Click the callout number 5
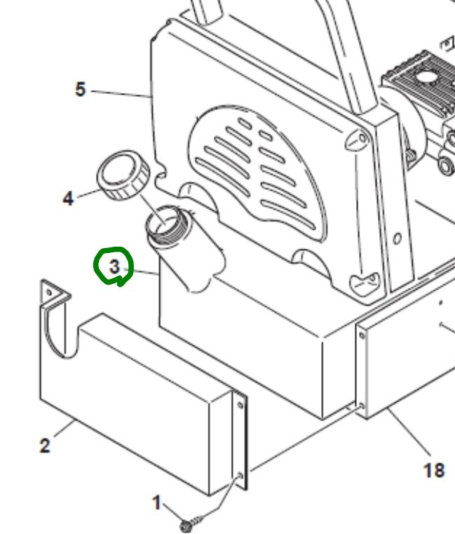tap(81, 89)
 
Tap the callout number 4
tap(68, 198)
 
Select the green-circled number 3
tap(115, 267)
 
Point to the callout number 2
tap(45, 446)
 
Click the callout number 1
tap(156, 502)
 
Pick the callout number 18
tap(434, 470)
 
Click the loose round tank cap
tap(123, 175)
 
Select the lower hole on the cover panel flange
tap(240, 475)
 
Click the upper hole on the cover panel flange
tap(240, 405)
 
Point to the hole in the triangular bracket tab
tap(49, 292)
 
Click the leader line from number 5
tap(121, 94)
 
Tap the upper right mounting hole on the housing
tap(362, 138)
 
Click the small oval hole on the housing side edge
tap(397, 238)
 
